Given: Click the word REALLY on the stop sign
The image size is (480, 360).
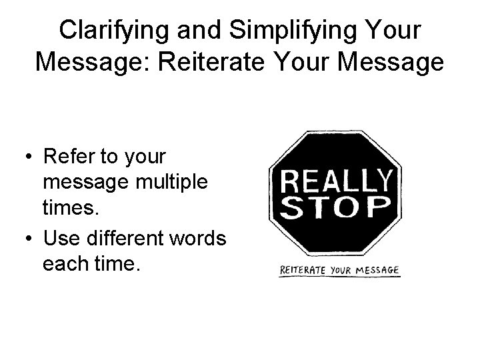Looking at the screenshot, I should tap(336, 181).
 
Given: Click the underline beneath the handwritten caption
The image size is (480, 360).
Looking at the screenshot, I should tap(340, 277).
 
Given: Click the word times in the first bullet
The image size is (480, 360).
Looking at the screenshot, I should tap(70, 209).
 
